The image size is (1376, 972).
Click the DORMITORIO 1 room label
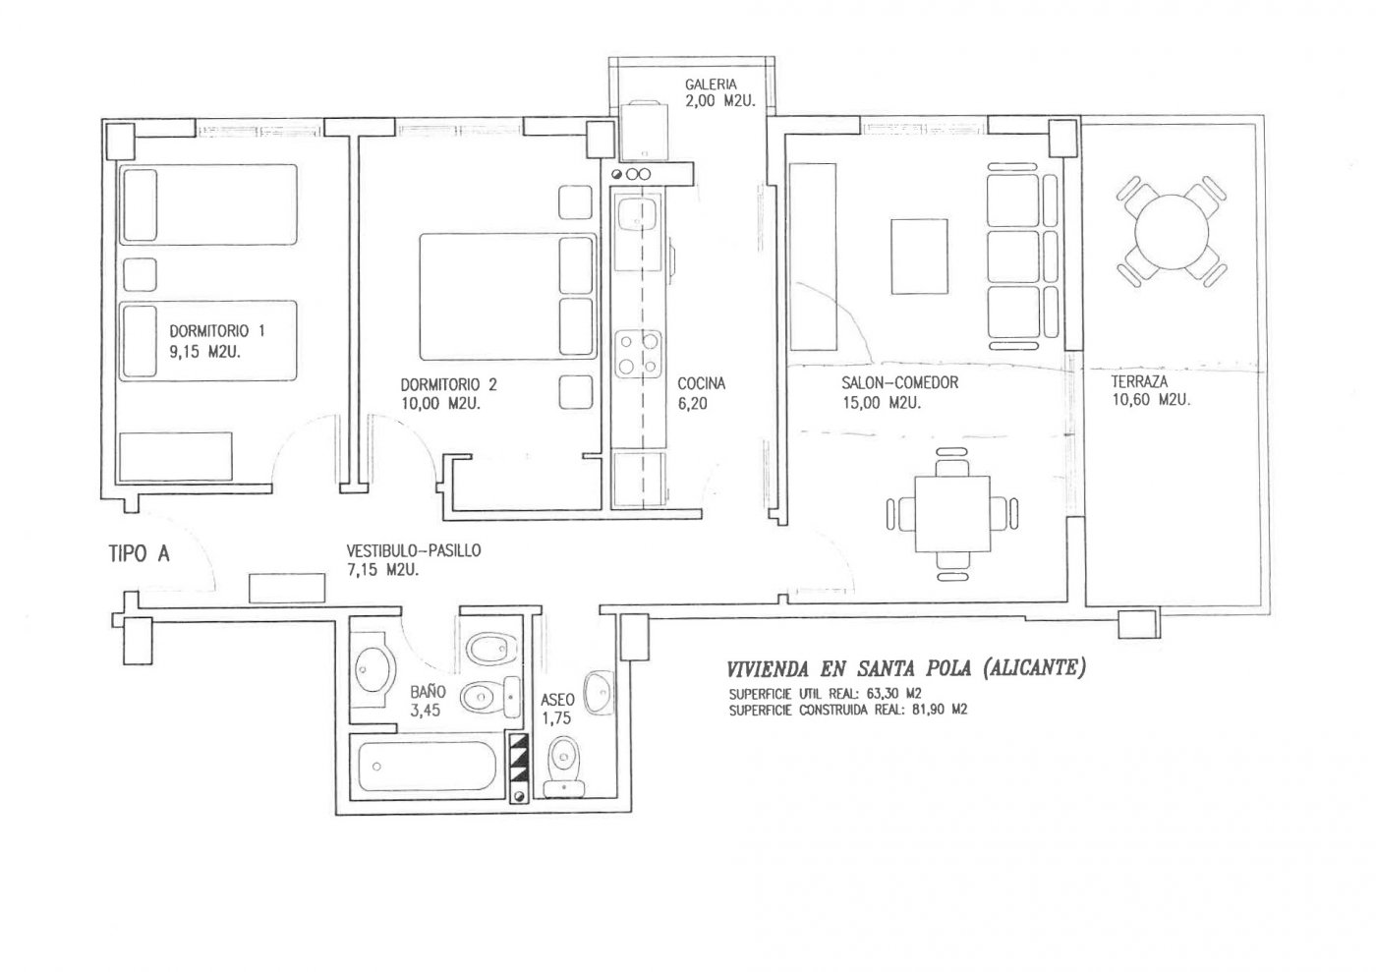click(217, 331)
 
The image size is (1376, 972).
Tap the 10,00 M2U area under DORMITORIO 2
click(440, 404)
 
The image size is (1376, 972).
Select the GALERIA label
click(711, 85)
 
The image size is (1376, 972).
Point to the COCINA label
click(702, 384)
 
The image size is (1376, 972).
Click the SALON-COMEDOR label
click(900, 382)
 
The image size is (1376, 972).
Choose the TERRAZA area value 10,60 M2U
click(1151, 400)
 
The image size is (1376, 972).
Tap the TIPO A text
click(139, 554)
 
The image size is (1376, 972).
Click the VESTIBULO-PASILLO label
click(414, 550)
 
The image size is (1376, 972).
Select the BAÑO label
click(429, 691)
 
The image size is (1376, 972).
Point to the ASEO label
click(558, 700)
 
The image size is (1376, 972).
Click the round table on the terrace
click(1172, 232)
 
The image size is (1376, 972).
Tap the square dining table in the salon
click(952, 514)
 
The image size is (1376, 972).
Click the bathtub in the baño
click(427, 767)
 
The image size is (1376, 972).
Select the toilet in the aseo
click(564, 766)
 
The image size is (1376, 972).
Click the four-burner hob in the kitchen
click(638, 354)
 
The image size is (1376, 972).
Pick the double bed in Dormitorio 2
click(508, 296)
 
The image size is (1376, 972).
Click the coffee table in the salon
click(920, 257)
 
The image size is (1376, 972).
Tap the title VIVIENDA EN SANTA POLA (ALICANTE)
click(905, 668)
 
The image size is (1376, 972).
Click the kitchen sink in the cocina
click(638, 214)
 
